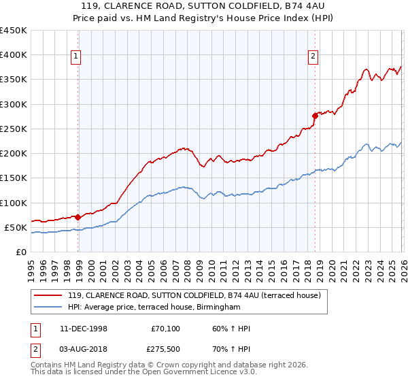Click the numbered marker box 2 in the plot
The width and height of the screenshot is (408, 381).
[x=313, y=57]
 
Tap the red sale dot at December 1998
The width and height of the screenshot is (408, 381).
[x=78, y=218]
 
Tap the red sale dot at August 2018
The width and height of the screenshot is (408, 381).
[x=316, y=116]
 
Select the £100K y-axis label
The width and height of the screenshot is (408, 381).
[x=14, y=203]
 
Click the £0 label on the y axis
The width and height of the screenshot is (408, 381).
[x=21, y=252]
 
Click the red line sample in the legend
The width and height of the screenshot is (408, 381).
[x=49, y=295]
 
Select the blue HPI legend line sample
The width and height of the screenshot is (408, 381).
[x=49, y=307]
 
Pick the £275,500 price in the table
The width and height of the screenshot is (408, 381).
[x=167, y=350]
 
